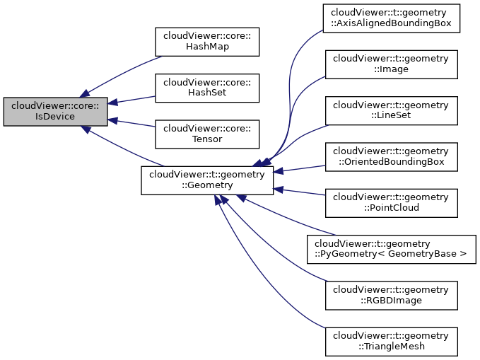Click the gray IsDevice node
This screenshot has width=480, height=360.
click(55, 111)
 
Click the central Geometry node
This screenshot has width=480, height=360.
click(207, 180)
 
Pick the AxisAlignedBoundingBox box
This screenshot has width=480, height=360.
click(391, 18)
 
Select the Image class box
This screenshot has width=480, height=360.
click(391, 64)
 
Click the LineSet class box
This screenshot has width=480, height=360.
click(391, 110)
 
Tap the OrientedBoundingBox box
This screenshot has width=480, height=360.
click(391, 157)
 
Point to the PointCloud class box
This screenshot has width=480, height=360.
click(391, 203)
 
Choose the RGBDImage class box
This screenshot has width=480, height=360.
click(391, 295)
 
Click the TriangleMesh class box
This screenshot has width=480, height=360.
click(391, 341)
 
